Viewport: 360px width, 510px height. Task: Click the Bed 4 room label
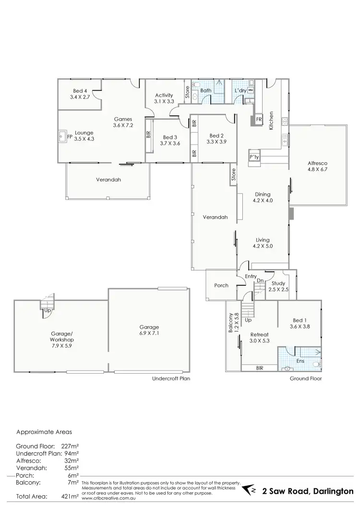point(80,90)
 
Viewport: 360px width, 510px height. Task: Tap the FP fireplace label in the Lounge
point(70,137)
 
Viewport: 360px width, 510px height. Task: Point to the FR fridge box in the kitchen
point(259,119)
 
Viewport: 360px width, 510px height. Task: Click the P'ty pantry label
point(253,158)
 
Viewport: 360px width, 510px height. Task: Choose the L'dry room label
point(240,90)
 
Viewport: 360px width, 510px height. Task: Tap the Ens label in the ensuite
point(301,360)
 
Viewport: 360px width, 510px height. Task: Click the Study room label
point(278,283)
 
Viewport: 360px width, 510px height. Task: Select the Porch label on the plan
point(221,285)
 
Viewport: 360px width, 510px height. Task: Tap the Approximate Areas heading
point(44,432)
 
